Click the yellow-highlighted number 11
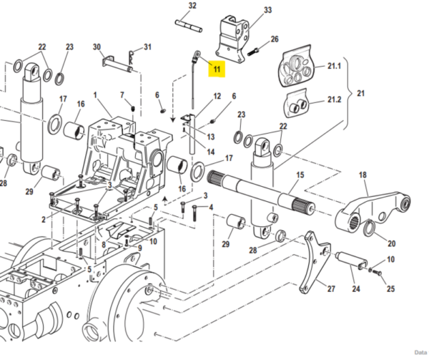click(217, 69)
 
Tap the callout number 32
click(192, 6)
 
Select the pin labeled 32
click(189, 26)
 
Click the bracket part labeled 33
click(232, 39)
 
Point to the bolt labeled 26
click(253, 52)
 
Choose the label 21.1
click(335, 66)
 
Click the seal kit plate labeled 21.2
click(296, 102)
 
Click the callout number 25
click(390, 288)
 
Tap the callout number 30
click(97, 47)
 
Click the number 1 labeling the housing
click(95, 95)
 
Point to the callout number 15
click(300, 175)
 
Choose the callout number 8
click(104, 245)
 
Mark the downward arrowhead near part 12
click(172, 120)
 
